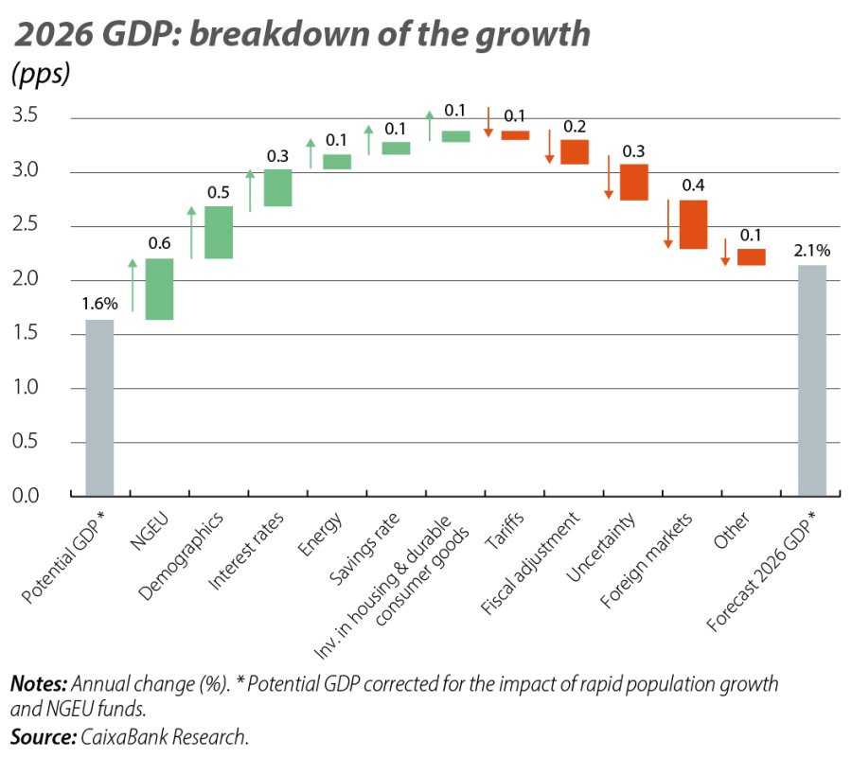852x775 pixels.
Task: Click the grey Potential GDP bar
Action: (99, 408)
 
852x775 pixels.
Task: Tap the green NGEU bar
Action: (159, 290)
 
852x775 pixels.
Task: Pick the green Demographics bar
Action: (219, 233)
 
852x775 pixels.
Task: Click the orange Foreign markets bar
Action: (693, 224)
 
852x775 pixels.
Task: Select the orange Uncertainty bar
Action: (634, 183)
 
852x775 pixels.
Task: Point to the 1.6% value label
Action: (99, 304)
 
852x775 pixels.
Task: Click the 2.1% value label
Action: (812, 251)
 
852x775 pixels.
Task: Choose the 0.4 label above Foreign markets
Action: (692, 185)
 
